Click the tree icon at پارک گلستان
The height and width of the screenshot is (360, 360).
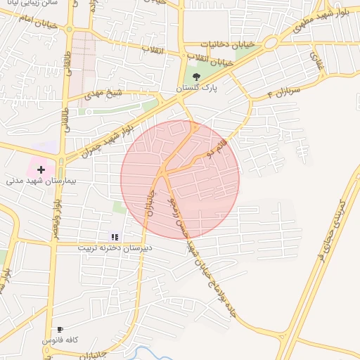click(x=195, y=77)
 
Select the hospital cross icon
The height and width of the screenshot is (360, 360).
click(x=41, y=169)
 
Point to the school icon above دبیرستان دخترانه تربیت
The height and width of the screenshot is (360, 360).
click(x=115, y=238)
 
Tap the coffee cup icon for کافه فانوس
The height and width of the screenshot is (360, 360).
click(x=60, y=329)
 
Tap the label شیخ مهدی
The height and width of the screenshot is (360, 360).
click(x=103, y=93)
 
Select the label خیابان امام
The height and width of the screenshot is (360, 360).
click(x=27, y=22)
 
